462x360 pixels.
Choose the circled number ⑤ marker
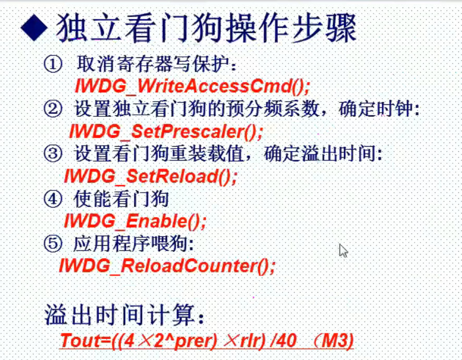click(x=52, y=244)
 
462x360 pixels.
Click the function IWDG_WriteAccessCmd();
click(x=192, y=86)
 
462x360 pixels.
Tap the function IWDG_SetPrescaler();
click(x=166, y=131)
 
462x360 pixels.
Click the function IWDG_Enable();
click(x=135, y=221)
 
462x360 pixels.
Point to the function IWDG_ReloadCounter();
click(x=167, y=266)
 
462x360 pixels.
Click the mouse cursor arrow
click(x=343, y=250)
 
